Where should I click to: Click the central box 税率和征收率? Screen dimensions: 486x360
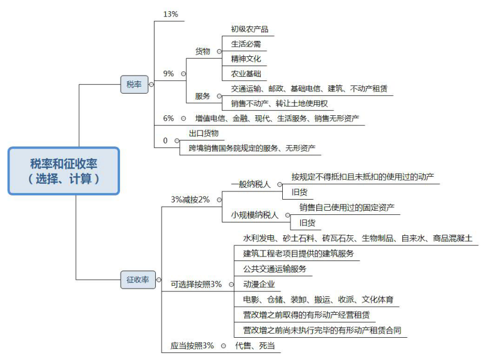click(64, 171)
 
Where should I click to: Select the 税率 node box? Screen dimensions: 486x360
click(134, 84)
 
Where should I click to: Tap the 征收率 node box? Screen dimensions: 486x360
click(138, 280)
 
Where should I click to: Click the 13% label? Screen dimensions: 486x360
click(170, 14)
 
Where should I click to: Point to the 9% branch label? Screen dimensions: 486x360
click(168, 74)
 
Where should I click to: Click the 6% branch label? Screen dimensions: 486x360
click(168, 118)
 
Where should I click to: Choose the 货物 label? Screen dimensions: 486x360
click(203, 51)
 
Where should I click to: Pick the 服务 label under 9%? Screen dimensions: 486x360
click(203, 96)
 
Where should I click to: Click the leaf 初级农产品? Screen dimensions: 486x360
click(249, 29)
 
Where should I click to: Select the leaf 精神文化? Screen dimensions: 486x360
click(246, 59)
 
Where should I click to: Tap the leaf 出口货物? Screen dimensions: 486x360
click(204, 133)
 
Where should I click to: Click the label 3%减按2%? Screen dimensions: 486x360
click(190, 200)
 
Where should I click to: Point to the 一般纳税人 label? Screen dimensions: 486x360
click(251, 184)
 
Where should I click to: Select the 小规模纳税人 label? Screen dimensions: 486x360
click(255, 215)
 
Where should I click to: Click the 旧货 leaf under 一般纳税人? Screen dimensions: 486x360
click(299, 192)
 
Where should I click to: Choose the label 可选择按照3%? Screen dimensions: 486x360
click(196, 284)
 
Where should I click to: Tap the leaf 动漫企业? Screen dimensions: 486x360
click(259, 284)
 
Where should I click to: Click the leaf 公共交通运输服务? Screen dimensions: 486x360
click(275, 269)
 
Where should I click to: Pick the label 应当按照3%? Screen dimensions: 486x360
click(192, 345)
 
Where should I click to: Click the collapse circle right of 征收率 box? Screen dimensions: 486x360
click(159, 280)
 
